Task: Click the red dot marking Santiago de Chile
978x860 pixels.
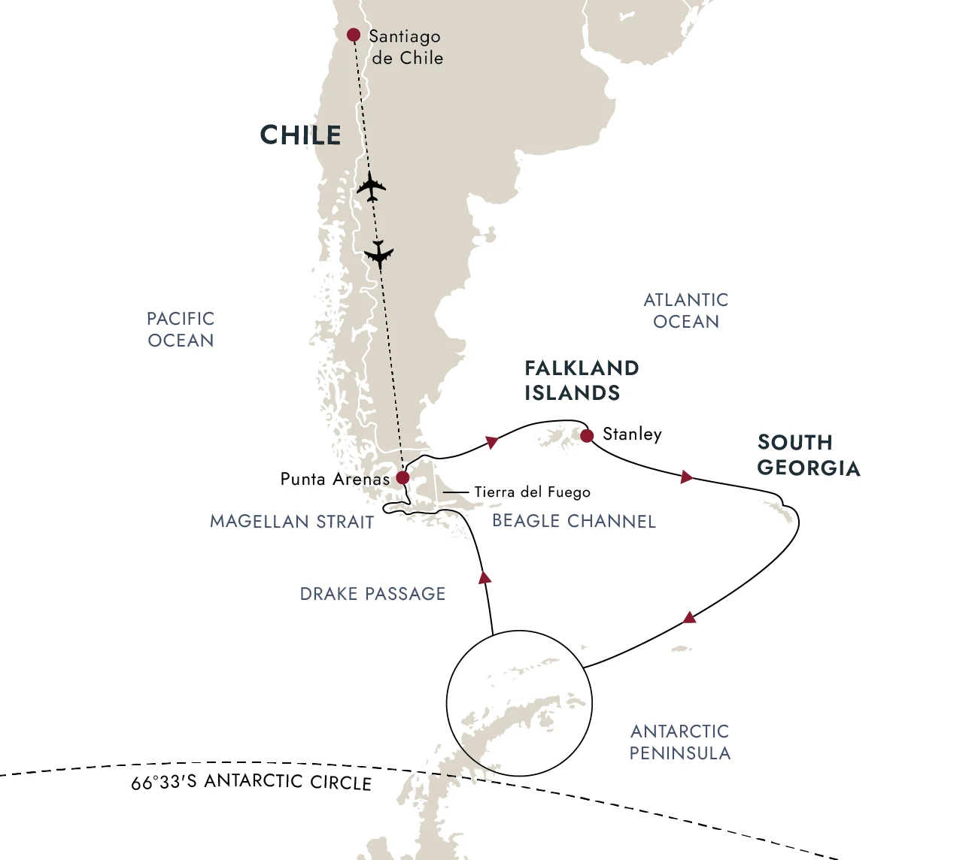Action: coord(353,35)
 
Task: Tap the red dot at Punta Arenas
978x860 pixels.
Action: coord(402,477)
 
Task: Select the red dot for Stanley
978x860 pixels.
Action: coord(587,435)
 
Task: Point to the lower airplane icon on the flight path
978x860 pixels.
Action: coord(378,254)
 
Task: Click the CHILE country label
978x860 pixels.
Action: coord(300,135)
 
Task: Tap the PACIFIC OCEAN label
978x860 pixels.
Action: coord(181,329)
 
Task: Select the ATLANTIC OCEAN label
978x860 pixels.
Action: coord(686,310)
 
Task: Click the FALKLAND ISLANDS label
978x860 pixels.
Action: coord(582,380)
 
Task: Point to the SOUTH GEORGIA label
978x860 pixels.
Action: coord(808,455)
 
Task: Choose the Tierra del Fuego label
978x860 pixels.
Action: coord(532,492)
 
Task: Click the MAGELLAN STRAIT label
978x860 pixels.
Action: coord(292,522)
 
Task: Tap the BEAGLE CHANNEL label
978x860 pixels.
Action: coord(573,521)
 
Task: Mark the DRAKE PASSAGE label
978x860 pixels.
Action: coord(372,594)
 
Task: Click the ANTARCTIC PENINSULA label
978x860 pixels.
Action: coord(679,742)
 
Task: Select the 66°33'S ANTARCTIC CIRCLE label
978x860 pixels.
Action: coord(251,783)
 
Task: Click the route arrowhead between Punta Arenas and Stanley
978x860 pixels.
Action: coord(492,441)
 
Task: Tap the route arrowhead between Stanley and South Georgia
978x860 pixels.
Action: coord(686,477)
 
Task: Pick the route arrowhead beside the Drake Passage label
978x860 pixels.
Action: coord(485,577)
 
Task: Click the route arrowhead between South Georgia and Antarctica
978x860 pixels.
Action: coord(689,618)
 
